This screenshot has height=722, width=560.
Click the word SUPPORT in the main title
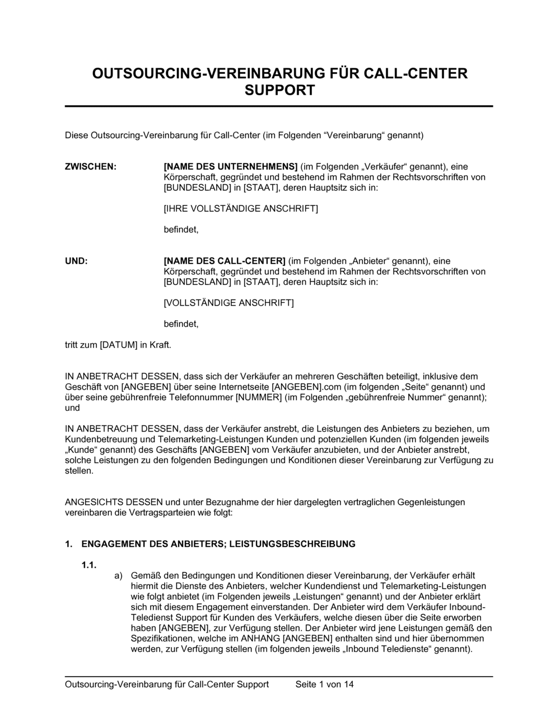click(279, 90)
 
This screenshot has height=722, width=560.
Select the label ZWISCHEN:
click(91, 166)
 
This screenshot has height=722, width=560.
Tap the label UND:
click(76, 261)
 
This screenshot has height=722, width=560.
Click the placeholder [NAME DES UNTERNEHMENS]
click(230, 166)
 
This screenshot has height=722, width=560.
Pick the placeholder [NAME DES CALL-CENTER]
click(225, 261)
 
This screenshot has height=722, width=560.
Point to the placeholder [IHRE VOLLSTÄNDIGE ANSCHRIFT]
click(240, 209)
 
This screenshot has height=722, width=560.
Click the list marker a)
click(118, 575)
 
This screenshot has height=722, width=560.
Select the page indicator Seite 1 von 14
click(324, 684)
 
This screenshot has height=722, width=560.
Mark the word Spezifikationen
click(161, 639)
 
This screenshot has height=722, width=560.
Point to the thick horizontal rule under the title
click(279, 106)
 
